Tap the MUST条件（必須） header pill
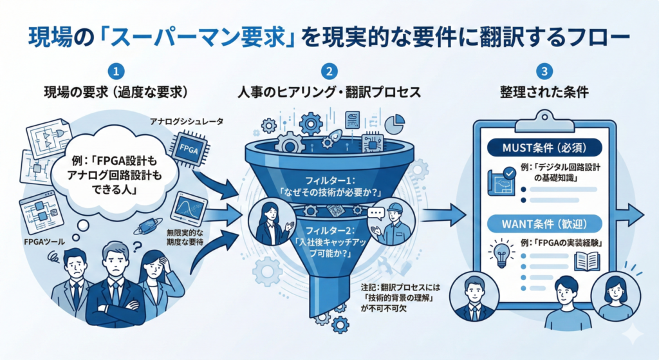tap(544, 146)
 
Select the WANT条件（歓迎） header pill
tap(544, 224)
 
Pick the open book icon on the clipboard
tap(586, 260)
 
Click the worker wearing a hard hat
tap(392, 223)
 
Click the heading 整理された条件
tap(544, 92)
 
